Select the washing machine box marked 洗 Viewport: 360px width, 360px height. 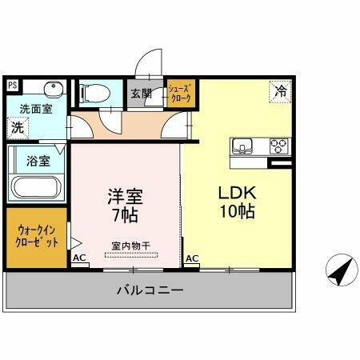coord(16,126)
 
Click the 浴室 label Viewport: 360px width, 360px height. coord(38,160)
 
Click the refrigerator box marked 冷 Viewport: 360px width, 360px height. coord(280,92)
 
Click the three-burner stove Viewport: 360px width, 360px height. coord(278,146)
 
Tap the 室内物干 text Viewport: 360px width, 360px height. coord(130,246)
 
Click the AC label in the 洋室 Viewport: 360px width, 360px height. coord(79,258)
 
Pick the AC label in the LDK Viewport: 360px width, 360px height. coord(192,258)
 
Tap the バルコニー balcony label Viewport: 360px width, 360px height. coord(150,290)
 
